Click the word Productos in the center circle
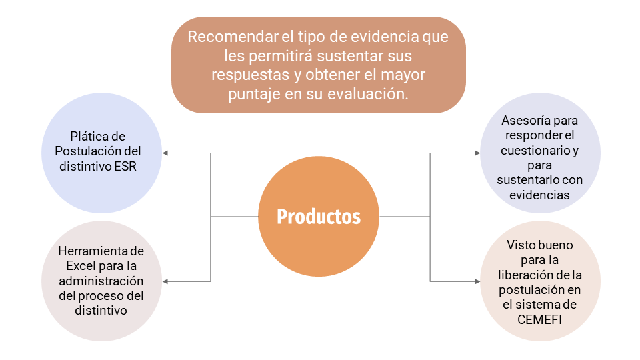pos(319,216)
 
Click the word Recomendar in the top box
pos(233,37)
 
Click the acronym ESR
pos(125,166)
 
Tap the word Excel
pos(79,266)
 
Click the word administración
pos(101,281)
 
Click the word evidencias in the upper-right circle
pos(539,195)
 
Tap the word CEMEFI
pos(539,319)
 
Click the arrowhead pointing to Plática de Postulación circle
pos(165,153)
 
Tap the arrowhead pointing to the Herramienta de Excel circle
pos(165,281)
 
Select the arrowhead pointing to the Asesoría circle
pos(477,153)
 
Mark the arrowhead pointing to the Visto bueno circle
pos(477,281)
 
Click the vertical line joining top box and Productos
pos(319,135)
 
